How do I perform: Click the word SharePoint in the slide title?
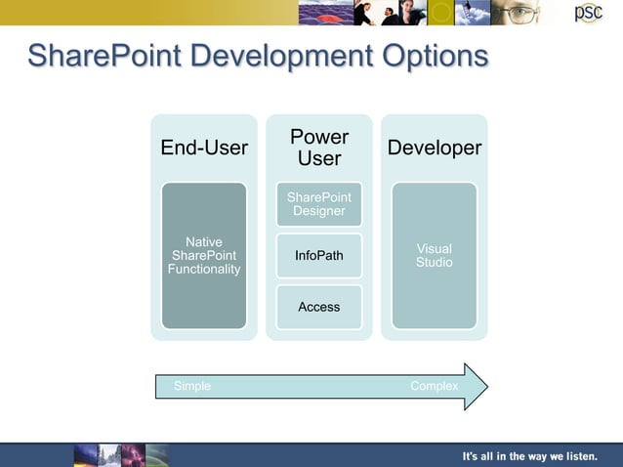point(104,56)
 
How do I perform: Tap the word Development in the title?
point(277,56)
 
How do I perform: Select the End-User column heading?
point(204,148)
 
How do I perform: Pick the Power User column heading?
point(319,148)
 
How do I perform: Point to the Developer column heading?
point(435,148)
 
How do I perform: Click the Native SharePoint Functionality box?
point(204,255)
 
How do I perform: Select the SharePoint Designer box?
point(319,204)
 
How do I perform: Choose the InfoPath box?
point(319,256)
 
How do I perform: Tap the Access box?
point(319,307)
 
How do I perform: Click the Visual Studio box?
point(435,255)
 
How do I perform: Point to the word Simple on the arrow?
point(192,386)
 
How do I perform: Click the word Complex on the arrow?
point(435,386)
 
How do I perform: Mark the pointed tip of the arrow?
point(485,387)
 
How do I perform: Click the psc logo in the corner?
point(588,13)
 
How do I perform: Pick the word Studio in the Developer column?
point(435,263)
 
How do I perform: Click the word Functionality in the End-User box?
point(204,269)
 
